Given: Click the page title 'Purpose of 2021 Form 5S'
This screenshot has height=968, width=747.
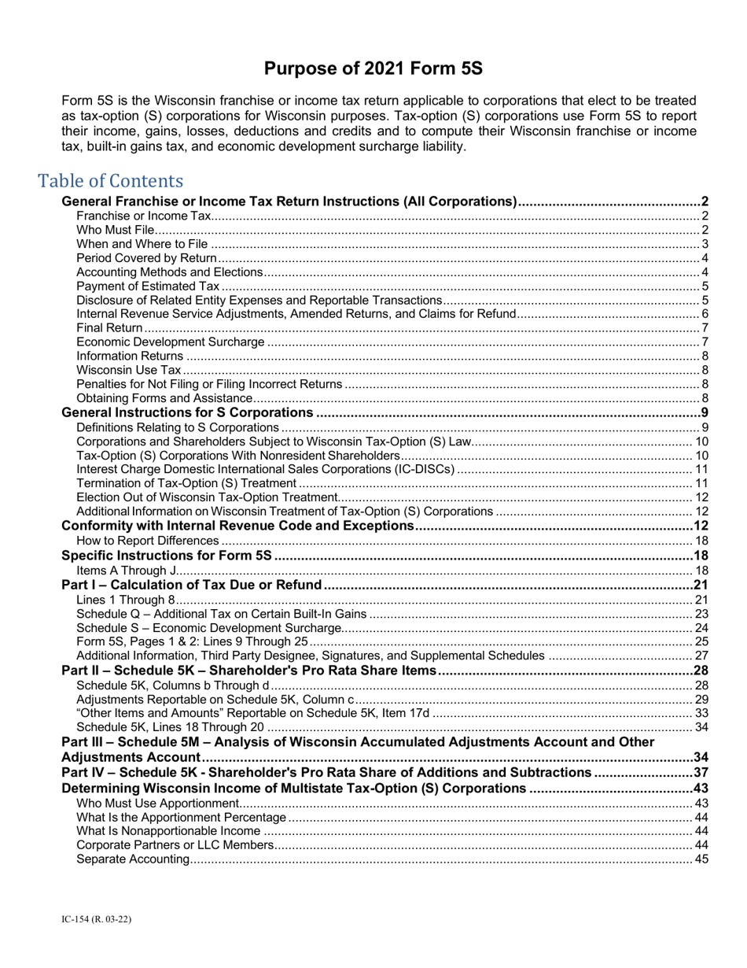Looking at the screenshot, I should click(373, 69).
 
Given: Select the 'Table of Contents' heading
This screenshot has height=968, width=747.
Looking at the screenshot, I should click(111, 181).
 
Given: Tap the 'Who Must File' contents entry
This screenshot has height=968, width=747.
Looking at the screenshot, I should click(116, 230).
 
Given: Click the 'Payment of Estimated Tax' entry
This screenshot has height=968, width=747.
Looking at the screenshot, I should click(148, 286).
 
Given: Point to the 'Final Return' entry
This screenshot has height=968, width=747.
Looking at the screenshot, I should click(110, 327).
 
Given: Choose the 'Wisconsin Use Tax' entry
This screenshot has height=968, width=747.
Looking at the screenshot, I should click(129, 370).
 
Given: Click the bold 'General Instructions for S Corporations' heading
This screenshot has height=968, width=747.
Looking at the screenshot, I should click(188, 413).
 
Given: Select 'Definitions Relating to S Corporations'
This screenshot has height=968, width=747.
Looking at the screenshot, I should click(178, 427).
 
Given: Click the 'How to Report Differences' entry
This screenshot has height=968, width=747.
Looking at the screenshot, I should click(148, 541).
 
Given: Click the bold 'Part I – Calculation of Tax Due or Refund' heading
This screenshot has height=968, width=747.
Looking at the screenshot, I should click(192, 585).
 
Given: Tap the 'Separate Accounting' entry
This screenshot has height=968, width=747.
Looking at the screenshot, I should click(133, 859).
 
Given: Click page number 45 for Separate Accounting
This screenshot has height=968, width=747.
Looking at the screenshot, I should click(702, 859).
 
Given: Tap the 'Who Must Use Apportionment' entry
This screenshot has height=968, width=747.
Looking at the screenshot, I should click(157, 803).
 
